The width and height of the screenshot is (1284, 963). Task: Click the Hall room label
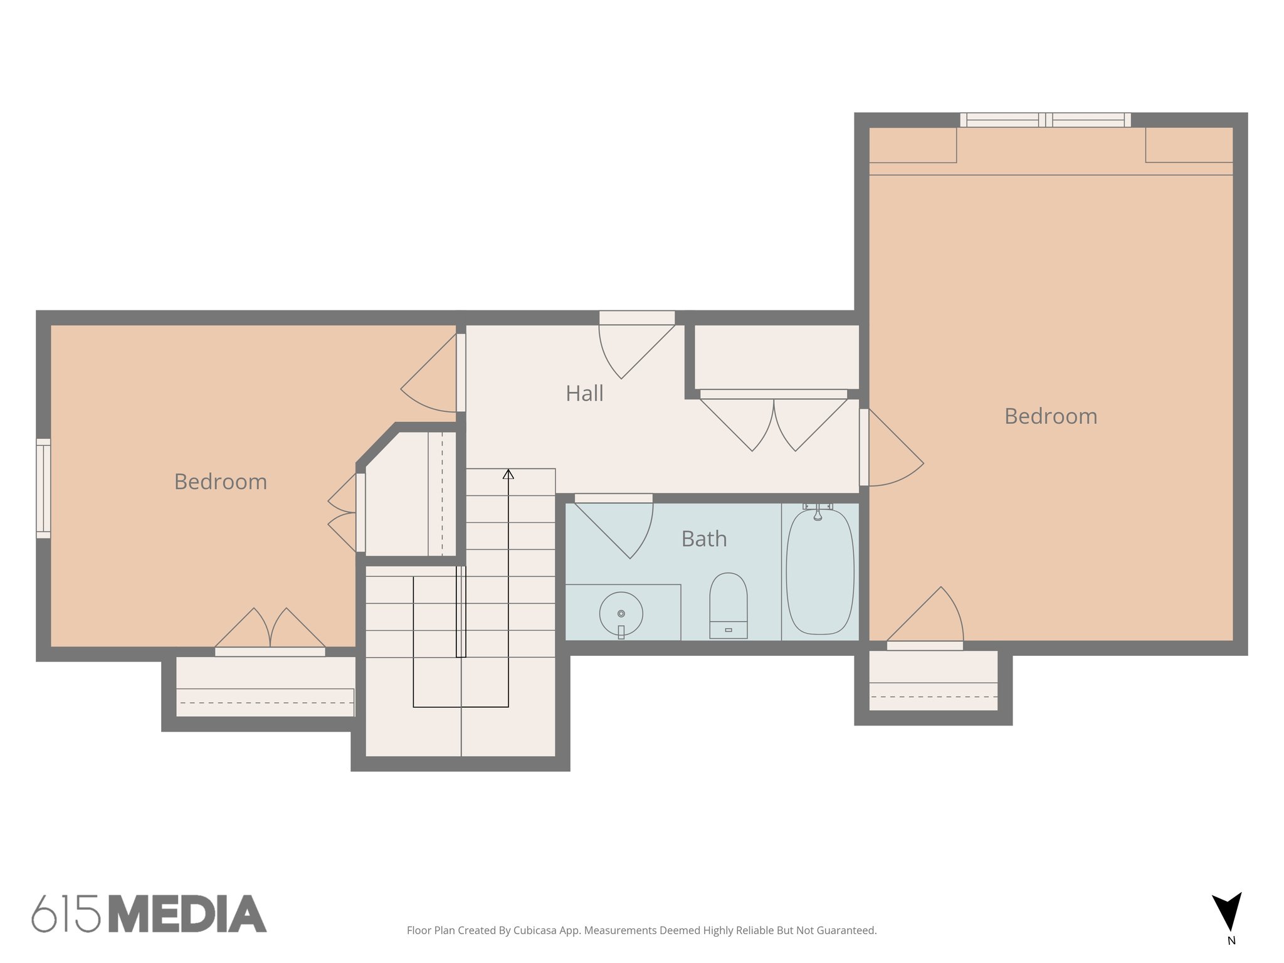[584, 394]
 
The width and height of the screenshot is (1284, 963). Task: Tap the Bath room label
[704, 539]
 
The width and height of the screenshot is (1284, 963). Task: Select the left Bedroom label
[221, 482]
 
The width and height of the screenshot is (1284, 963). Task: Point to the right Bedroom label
[1051, 417]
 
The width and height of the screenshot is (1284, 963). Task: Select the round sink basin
[621, 614]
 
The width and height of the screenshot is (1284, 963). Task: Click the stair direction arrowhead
[508, 475]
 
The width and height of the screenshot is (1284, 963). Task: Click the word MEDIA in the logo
[187, 914]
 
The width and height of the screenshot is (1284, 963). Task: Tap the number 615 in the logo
[66, 914]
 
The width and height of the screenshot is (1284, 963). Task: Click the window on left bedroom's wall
[43, 488]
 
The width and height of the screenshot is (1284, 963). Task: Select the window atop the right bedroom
[1045, 120]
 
